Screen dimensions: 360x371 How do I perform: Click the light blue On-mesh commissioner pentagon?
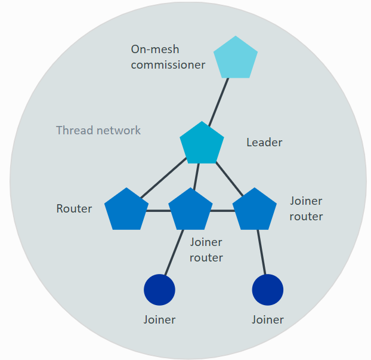pos(236,59)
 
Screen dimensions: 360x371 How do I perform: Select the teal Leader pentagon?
pos(202,144)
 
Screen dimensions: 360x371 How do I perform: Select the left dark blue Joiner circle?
pos(159,290)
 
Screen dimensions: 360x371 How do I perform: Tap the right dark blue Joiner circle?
pos(268,290)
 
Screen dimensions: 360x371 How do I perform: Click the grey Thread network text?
pos(98,130)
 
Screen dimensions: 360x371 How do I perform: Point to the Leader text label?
pos(264,143)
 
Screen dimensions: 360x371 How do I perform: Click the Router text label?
pos(74,209)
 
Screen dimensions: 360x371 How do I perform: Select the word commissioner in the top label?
pos(168,64)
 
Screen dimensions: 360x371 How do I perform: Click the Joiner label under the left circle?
pos(159,319)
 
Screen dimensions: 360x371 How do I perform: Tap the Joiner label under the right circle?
pos(268,319)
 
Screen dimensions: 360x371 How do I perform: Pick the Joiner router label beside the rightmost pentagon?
pos(306,209)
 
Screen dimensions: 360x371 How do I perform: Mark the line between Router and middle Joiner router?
pos(158,211)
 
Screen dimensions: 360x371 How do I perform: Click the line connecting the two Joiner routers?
pos(222,211)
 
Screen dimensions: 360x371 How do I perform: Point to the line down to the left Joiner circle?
pos(174,254)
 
